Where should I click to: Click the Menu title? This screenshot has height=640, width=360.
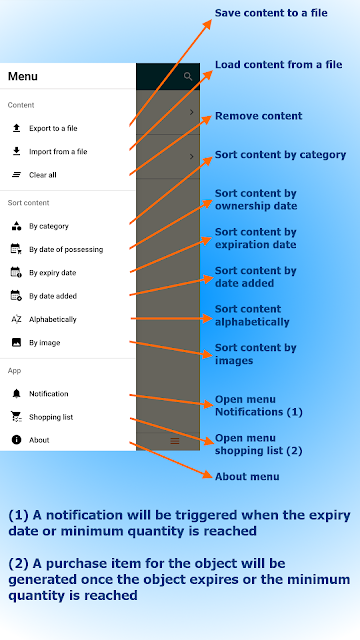(23, 76)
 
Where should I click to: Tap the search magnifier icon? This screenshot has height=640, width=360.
(188, 76)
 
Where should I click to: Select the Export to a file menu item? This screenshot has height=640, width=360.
(53, 128)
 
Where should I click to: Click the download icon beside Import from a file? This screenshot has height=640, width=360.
(16, 151)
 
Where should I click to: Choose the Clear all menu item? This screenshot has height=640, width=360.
(43, 175)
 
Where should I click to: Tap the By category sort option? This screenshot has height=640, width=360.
(49, 226)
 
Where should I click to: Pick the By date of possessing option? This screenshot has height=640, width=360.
(66, 249)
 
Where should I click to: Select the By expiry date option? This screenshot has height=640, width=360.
(53, 273)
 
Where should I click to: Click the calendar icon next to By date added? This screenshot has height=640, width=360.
(16, 296)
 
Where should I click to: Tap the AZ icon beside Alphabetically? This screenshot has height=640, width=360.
(16, 319)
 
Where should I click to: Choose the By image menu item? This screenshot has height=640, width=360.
(45, 343)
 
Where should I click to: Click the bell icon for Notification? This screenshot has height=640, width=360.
(16, 393)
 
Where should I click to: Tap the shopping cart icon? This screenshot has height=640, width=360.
(16, 417)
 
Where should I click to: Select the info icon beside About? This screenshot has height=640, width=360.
(16, 440)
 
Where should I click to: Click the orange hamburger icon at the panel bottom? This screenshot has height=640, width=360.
(175, 441)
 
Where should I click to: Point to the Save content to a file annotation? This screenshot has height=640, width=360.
(271, 13)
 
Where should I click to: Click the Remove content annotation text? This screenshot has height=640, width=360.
(259, 116)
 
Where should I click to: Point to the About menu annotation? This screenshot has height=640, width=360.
(247, 476)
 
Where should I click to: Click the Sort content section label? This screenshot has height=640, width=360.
(29, 203)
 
